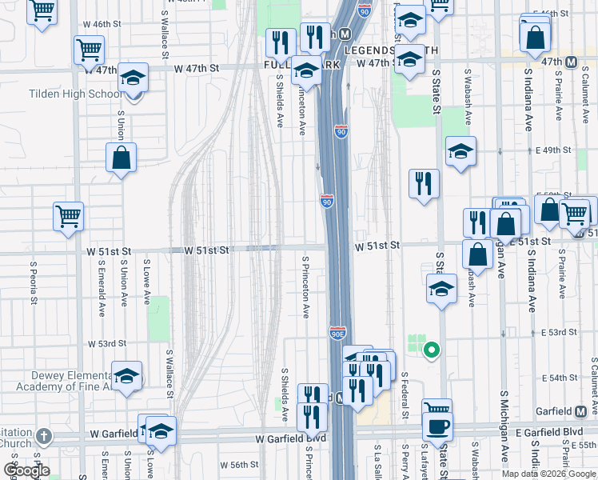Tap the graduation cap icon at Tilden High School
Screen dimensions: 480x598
click(134, 78)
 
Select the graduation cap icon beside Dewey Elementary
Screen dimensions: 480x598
click(126, 377)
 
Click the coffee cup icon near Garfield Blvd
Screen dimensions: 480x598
click(438, 426)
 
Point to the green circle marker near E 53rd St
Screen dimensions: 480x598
click(431, 349)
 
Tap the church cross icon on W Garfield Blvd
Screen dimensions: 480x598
click(43, 438)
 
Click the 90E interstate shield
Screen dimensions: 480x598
click(337, 331)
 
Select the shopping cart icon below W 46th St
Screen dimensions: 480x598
click(89, 50)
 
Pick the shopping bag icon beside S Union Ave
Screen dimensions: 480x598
click(121, 158)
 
